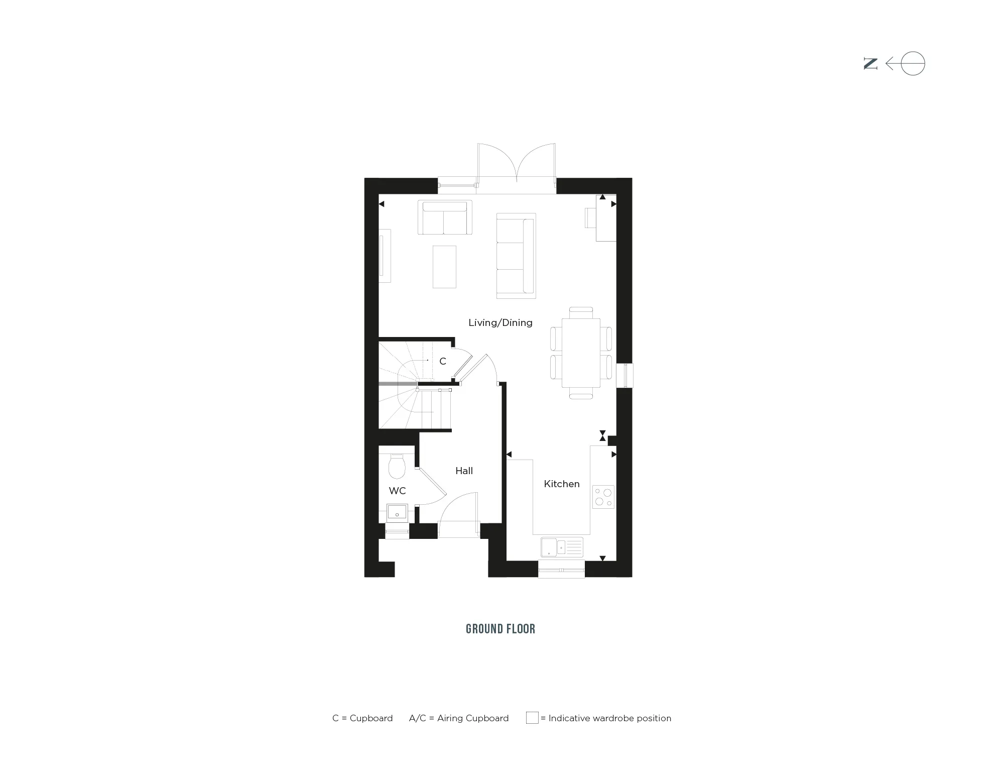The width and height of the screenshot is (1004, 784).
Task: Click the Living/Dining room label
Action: coord(500,322)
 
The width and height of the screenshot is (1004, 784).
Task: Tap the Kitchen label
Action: coord(562,484)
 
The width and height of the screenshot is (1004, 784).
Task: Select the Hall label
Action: coord(464,471)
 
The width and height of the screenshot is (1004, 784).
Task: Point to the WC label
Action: coord(397,491)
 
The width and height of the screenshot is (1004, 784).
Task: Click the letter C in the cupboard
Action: coord(443,361)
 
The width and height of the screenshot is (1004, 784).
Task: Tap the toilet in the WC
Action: coord(397,466)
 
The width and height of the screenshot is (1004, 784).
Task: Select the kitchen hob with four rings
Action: coord(603,497)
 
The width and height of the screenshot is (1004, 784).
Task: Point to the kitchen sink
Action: coord(562,547)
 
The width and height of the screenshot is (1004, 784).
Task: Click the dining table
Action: coord(581,353)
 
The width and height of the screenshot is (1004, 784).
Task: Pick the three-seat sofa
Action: coord(516,256)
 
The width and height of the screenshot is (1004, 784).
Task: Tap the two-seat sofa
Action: coord(445,217)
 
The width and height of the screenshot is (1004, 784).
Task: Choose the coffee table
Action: coord(444,267)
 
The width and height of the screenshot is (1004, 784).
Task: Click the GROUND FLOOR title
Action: coord(500,629)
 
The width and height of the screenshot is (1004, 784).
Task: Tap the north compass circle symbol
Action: coord(913,64)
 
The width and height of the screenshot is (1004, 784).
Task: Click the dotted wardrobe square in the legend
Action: coord(532,718)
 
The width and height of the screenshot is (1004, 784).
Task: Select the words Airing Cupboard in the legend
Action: coord(473,718)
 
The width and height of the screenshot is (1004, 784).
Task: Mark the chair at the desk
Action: coord(590,217)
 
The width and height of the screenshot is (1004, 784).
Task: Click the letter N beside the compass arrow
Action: coord(870,64)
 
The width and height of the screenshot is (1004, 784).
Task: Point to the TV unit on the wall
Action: coord(385,256)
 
